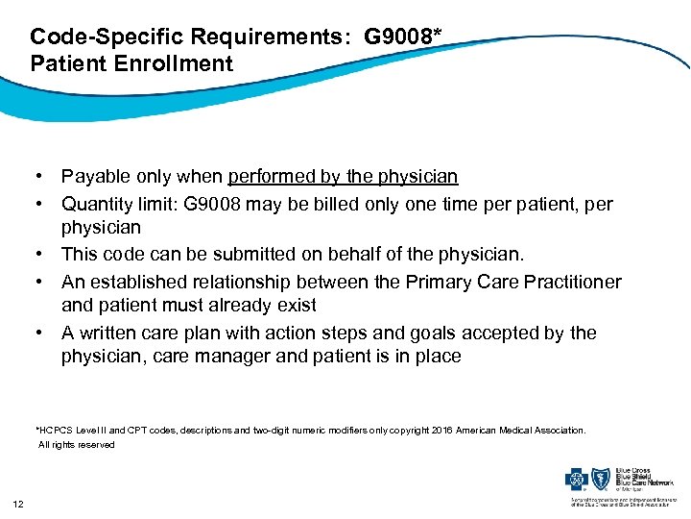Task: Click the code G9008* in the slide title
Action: pos(402,37)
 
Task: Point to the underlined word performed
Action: pos(274,177)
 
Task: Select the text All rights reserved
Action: pos(76,445)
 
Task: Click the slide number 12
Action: pos(18,504)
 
